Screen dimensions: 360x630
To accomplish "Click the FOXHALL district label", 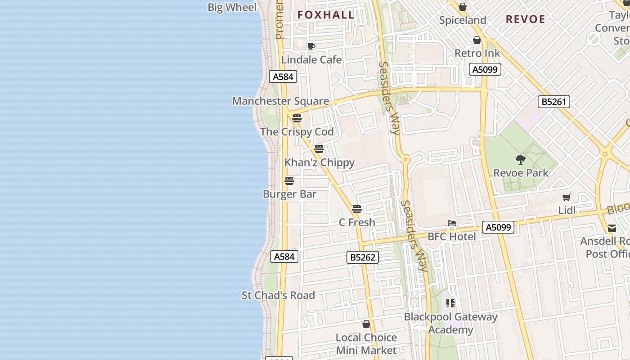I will point(326,15).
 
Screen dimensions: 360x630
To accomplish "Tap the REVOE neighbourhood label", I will point(525,19).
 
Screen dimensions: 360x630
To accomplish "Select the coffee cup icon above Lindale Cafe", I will point(311,46).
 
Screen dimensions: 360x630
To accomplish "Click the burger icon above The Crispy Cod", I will point(297,118).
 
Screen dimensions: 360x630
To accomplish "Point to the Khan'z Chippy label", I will point(319,162).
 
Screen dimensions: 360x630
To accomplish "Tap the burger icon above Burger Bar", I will point(289,181).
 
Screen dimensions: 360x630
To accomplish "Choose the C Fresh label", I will point(357,222).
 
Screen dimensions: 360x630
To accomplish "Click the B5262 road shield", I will point(363,257).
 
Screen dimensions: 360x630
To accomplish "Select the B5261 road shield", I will point(553,102).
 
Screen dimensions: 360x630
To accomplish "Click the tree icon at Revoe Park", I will point(521,159).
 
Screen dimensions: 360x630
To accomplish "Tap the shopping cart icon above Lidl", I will point(567,197).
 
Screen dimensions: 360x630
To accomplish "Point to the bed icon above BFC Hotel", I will point(451,223).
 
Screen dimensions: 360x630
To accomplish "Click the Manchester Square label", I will point(280,101).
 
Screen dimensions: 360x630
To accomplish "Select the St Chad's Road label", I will point(278,295).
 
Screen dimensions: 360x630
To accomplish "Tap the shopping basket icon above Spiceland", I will point(462,7).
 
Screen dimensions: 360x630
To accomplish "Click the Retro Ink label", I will point(477,53).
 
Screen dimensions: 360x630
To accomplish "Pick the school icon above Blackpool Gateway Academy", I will point(450,303).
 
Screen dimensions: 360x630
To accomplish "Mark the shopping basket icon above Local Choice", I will point(366,324).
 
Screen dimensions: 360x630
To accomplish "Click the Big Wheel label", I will point(232,7).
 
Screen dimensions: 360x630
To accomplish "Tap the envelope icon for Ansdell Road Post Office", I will point(612,228).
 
